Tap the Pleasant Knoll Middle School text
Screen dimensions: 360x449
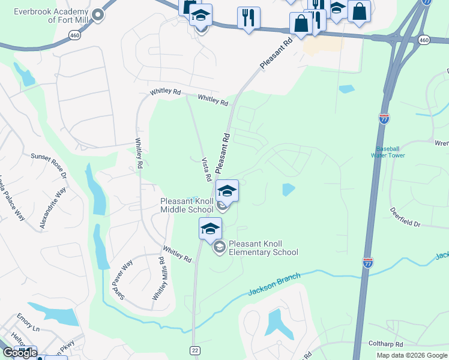tap(185, 205)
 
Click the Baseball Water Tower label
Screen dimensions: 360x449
tap(390, 152)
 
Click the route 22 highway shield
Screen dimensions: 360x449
tap(195, 349)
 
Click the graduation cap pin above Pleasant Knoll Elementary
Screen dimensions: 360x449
tap(211, 229)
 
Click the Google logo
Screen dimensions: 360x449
tap(20, 353)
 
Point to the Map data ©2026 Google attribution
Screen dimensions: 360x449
tap(412, 355)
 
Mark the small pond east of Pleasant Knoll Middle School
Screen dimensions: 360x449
tap(289, 190)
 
